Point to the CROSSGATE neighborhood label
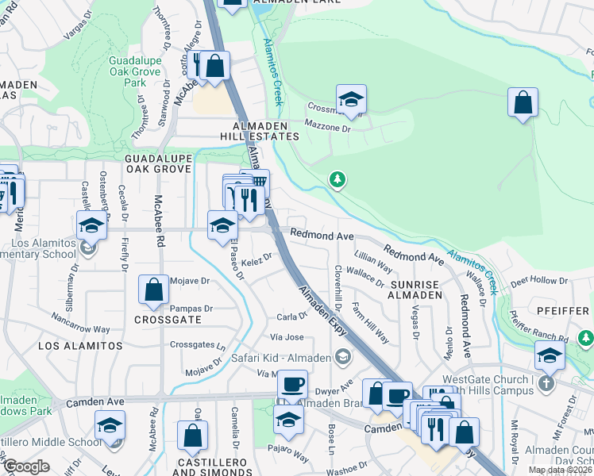tap(166, 319)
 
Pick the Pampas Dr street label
tap(193, 309)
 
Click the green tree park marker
tap(338, 180)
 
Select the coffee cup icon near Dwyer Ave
tap(291, 385)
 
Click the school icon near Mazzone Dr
tap(351, 100)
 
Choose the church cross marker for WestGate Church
tap(545, 382)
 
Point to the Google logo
tap(26, 466)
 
